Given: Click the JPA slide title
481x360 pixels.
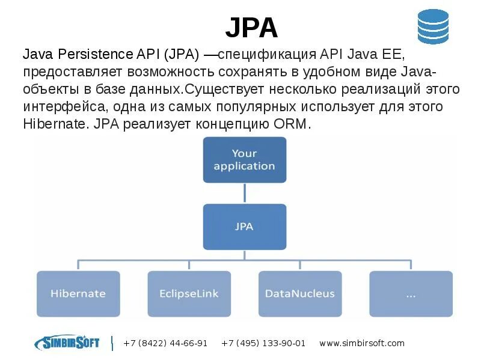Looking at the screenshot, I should click(x=251, y=28).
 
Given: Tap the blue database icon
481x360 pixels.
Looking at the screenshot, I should click(x=433, y=26).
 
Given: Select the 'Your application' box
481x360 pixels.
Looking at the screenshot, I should click(x=244, y=159).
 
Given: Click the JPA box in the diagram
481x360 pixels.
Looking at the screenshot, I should click(x=244, y=227).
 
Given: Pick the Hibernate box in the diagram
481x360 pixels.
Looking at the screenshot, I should click(x=78, y=294).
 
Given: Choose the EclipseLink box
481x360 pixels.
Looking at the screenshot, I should click(x=189, y=294).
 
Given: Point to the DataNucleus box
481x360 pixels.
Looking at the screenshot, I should click(x=299, y=294).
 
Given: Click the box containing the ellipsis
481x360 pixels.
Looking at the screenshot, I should click(x=411, y=294).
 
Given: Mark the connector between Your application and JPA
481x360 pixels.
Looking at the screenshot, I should click(x=244, y=193).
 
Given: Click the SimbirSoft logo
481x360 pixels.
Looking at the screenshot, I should click(x=67, y=343).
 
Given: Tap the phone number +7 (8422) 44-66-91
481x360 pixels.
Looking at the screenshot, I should click(x=165, y=343).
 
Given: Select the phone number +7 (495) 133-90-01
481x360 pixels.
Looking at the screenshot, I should click(x=263, y=343).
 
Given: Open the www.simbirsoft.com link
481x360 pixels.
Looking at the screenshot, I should click(x=362, y=343).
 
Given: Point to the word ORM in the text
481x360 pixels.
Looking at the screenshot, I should click(x=295, y=124).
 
